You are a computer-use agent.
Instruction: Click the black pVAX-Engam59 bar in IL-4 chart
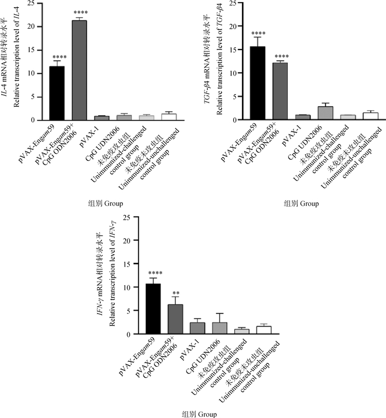click(57, 93)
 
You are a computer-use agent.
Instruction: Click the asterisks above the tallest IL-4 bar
click(80, 13)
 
